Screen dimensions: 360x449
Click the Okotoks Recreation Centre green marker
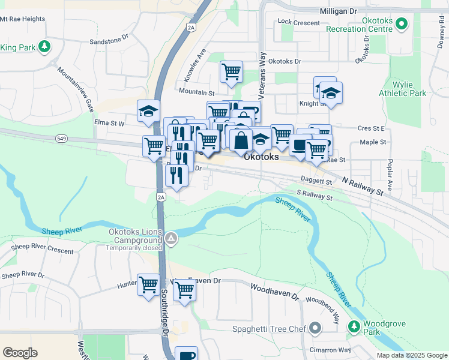coord(402,25)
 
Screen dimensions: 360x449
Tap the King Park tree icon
coord(44,46)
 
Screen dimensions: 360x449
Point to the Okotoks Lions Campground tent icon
coord(172,239)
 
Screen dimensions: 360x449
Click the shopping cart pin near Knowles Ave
coord(231,72)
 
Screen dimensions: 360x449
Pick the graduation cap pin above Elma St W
coord(148,111)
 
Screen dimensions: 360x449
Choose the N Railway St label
coord(363,185)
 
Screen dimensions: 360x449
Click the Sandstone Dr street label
coord(109,37)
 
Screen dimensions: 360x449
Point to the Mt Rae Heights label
coord(23,19)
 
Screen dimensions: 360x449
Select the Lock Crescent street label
coord(299,22)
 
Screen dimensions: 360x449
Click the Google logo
coord(20,353)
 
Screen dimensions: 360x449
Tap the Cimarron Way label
coord(327,350)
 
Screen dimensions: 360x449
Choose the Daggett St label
coord(316,181)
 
